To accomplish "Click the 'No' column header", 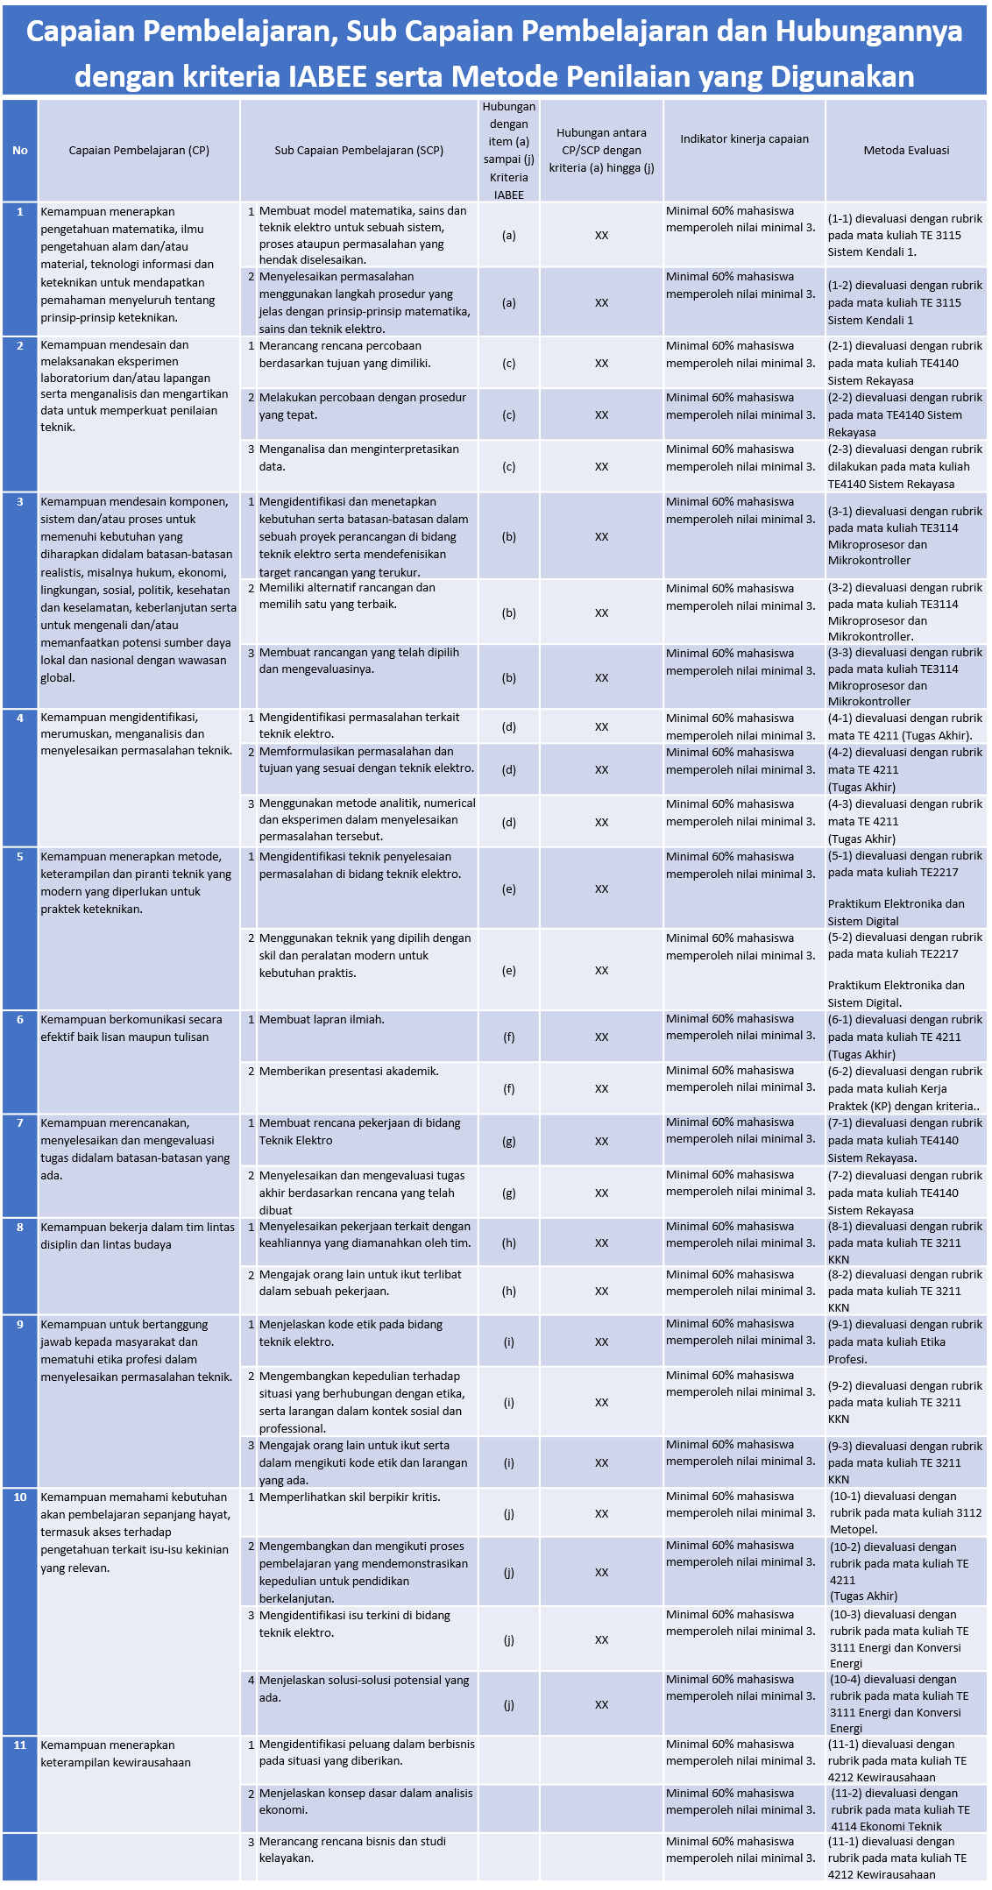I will click(x=20, y=150).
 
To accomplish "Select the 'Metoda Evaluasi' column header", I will click(x=906, y=150).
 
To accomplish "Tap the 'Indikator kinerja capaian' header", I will click(x=744, y=138).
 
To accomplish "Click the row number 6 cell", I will click(x=20, y=1019).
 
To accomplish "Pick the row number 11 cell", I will click(x=20, y=1745).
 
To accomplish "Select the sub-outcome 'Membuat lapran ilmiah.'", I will click(x=322, y=1019).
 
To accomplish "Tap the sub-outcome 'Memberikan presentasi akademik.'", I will click(x=349, y=1071).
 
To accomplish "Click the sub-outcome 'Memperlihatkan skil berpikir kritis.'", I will click(x=350, y=1497).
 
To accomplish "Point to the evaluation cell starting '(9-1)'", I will click(x=905, y=1341).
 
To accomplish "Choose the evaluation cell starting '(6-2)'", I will click(x=905, y=1088).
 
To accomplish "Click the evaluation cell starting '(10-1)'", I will click(x=905, y=1512).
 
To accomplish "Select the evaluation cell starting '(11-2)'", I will click(x=905, y=1809).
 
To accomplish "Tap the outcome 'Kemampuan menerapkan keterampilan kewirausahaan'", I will click(x=116, y=1753).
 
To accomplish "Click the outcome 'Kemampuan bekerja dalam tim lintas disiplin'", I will click(x=138, y=1235).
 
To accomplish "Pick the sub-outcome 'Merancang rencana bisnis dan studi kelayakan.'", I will click(x=352, y=1850).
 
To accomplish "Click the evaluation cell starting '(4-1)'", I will click(x=905, y=726).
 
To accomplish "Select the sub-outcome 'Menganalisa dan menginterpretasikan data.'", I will click(x=359, y=457).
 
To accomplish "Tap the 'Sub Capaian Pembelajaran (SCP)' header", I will click(x=358, y=150).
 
